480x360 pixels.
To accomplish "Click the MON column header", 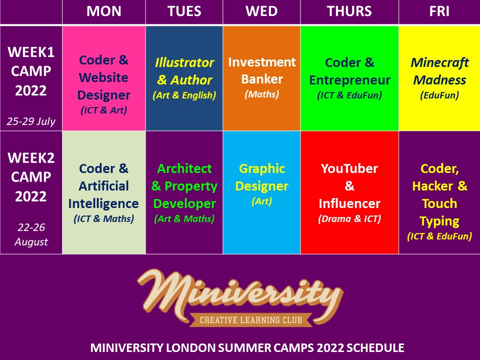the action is pyautogui.click(x=104, y=11).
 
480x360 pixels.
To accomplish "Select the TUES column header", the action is pyautogui.click(x=184, y=11).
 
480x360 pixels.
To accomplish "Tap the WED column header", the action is pyautogui.click(x=261, y=11).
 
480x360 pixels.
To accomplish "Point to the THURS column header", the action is pyautogui.click(x=349, y=11).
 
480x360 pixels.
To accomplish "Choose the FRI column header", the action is pyautogui.click(x=439, y=11).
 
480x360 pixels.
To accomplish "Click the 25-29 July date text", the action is pyautogui.click(x=31, y=121).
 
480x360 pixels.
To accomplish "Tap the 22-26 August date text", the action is pyautogui.click(x=31, y=234).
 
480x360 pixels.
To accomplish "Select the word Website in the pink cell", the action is pyautogui.click(x=103, y=77).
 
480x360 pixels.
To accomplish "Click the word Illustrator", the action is pyautogui.click(x=184, y=62).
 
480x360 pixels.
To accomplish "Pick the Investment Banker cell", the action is pyautogui.click(x=261, y=78).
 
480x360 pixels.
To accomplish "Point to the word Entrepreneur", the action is pyautogui.click(x=349, y=80).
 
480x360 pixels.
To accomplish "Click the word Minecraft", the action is pyautogui.click(x=439, y=62).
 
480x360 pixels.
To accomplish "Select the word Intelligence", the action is pyautogui.click(x=103, y=203).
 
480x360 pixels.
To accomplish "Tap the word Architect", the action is pyautogui.click(x=184, y=168).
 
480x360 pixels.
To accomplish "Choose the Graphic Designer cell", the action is pyautogui.click(x=261, y=192).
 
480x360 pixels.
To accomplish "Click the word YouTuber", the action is pyautogui.click(x=349, y=168).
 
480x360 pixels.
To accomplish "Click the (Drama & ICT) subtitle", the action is pyautogui.click(x=349, y=219).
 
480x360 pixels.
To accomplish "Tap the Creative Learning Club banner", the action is pyautogui.click(x=250, y=320).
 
